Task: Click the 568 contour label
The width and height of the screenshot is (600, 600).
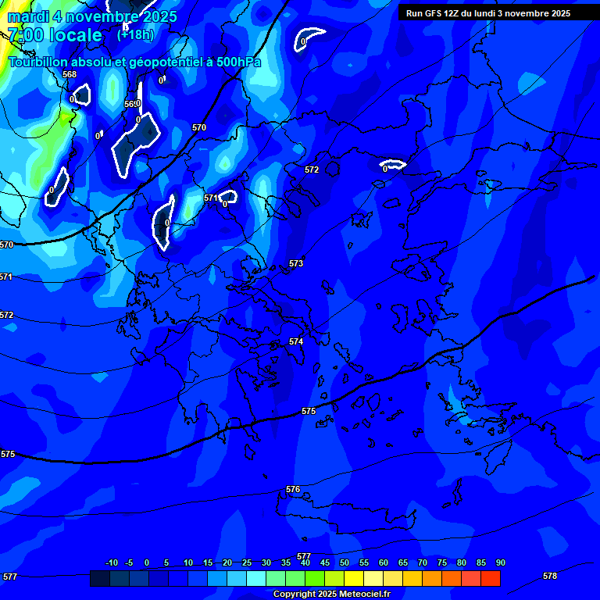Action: pos(70,75)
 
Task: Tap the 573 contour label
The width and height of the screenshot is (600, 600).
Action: pos(296,264)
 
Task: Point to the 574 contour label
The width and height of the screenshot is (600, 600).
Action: pos(296,342)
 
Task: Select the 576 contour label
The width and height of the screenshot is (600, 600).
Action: pos(293,490)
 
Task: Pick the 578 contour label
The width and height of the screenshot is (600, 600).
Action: pos(550,576)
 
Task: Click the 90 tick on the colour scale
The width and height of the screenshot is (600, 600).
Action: pos(500,563)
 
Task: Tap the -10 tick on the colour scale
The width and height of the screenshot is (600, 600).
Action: pos(112,563)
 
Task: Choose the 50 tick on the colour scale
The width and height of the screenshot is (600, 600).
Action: pos(345,563)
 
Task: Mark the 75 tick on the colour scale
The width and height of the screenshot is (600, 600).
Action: pos(442,563)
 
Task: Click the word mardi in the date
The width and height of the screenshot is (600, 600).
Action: pos(28,16)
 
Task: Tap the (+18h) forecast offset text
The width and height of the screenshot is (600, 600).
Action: pos(135,34)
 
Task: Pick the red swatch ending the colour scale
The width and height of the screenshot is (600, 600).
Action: pos(490,578)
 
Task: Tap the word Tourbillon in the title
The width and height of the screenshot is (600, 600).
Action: pos(41,62)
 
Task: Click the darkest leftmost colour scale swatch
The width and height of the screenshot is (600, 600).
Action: pos(100,578)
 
